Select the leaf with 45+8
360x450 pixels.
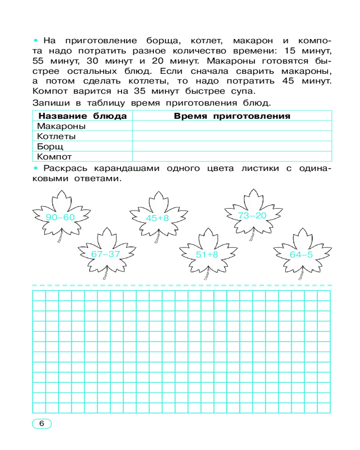coord(157,218)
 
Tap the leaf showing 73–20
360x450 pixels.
coord(252,215)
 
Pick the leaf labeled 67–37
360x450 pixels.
coord(106,253)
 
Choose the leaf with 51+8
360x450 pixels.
coord(207,254)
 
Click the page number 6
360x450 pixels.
coord(41,423)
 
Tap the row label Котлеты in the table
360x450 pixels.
coord(56,136)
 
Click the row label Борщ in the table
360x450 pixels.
coord(50,147)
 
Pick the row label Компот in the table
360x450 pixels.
coord(54,157)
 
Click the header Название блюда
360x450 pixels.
coord(82,116)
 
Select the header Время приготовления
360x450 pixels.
coord(232,116)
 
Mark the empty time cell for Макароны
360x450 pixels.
coord(232,126)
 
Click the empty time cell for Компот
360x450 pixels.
coord(232,157)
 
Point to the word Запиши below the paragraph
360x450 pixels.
coord(50,103)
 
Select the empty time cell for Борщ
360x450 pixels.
coord(232,147)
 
